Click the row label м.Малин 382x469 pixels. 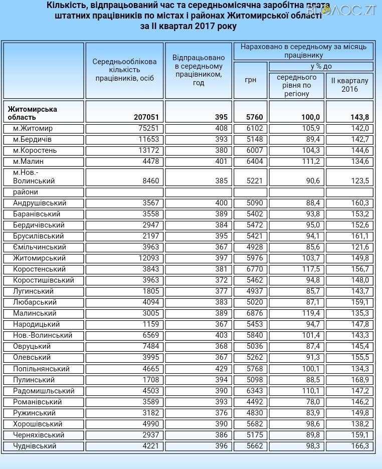pyautogui.click(x=28, y=161)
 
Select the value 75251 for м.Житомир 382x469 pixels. pyautogui.click(x=148, y=128)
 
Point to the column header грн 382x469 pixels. pyautogui.click(x=251, y=80)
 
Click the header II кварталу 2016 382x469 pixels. pyautogui.click(x=349, y=85)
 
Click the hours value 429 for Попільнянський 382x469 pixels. pyautogui.click(x=221, y=369)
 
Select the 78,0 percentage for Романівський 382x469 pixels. pyautogui.click(x=310, y=402)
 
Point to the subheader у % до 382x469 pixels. pyautogui.click(x=321, y=66)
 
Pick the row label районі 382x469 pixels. pyautogui.click(x=26, y=192)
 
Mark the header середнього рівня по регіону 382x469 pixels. pyautogui.click(x=296, y=85)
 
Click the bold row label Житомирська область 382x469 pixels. pyautogui.click(x=32, y=113)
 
